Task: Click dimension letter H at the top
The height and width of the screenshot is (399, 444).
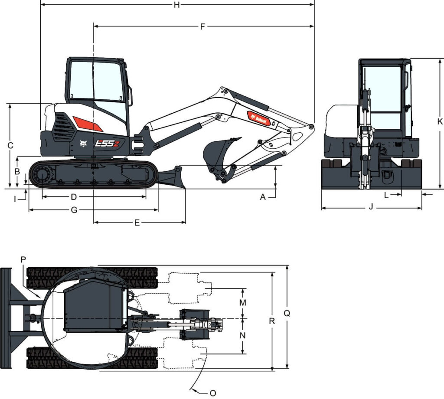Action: [x=176, y=5]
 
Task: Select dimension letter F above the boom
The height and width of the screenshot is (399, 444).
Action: [x=202, y=26]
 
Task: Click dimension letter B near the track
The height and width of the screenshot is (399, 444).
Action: [x=17, y=171]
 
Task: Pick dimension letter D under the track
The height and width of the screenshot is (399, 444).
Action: [x=74, y=197]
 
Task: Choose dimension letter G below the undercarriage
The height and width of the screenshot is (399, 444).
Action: [x=74, y=210]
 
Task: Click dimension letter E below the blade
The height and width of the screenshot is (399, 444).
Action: [x=137, y=223]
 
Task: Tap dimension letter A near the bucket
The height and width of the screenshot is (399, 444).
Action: [x=263, y=197]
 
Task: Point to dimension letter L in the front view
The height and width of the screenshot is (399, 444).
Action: [x=386, y=195]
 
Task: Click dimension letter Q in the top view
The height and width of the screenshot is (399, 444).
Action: [x=287, y=313]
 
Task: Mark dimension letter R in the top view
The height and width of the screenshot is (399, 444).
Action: [x=272, y=321]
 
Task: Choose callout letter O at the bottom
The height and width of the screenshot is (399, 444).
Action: [x=212, y=393]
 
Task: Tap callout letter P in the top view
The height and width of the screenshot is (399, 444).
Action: [x=23, y=259]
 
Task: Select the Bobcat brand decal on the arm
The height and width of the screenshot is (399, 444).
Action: [x=259, y=118]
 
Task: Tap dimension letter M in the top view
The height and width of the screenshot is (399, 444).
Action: [x=243, y=302]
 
